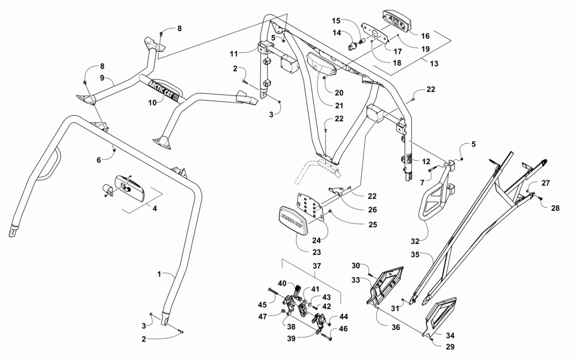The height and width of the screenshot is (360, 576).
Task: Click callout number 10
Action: pos(153,103)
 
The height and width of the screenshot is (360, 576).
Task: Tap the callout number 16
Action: pos(425,36)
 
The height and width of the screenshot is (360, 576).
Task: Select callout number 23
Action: pos(316,252)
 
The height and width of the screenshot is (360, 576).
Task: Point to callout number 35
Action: pos(415,254)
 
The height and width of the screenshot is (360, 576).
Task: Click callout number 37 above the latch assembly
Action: pos(316,266)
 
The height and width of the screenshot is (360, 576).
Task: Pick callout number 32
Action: pos(415,241)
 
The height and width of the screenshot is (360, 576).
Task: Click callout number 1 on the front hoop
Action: pos(159,274)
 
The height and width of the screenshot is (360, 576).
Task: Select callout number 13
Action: pos(434,63)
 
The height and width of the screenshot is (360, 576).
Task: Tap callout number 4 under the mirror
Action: pos(154,209)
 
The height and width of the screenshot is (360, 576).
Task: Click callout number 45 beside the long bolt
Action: pos(262,305)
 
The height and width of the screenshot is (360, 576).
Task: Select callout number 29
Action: pos(450,346)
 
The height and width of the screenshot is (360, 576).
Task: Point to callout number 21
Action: pos(339,105)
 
